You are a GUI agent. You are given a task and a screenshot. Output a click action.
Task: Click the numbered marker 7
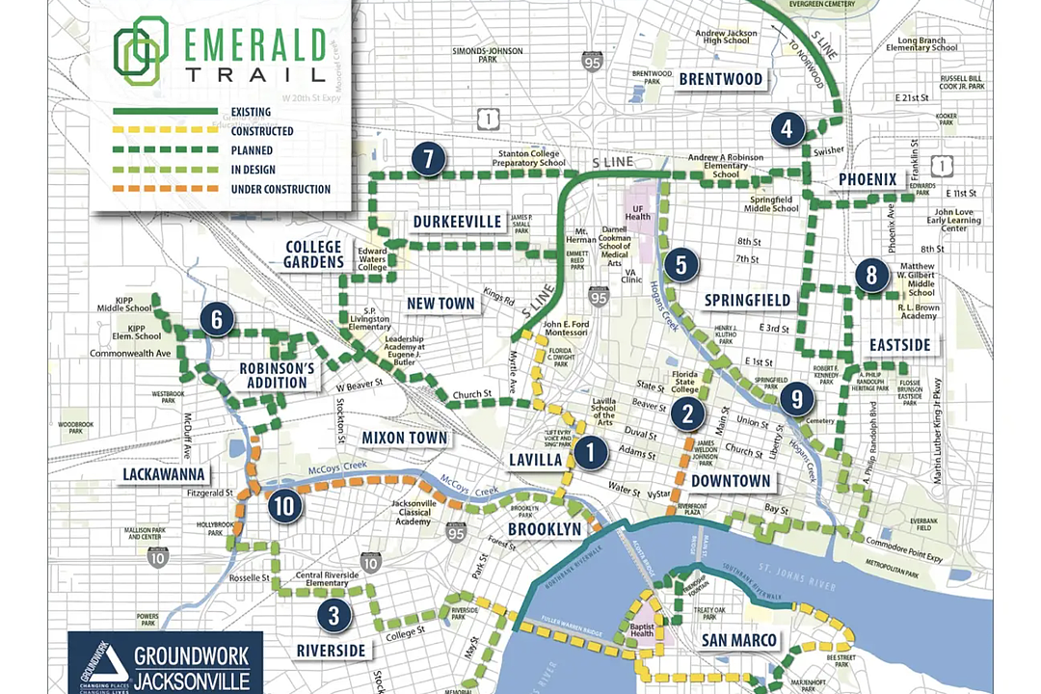click(429, 160)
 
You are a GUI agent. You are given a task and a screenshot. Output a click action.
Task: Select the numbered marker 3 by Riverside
click(334, 614)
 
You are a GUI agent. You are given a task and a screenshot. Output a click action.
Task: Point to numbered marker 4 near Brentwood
click(788, 128)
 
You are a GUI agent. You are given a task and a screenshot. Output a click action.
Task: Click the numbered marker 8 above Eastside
click(871, 276)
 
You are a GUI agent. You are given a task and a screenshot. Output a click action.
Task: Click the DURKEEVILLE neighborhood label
click(458, 223)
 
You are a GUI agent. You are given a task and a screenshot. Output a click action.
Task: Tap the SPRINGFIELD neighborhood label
click(747, 300)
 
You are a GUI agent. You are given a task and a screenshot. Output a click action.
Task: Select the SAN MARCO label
click(738, 640)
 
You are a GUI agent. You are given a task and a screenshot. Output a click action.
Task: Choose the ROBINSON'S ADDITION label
click(278, 375)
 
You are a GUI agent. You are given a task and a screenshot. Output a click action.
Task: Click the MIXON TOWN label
click(405, 438)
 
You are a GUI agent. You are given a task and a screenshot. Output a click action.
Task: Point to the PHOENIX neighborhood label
click(867, 179)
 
